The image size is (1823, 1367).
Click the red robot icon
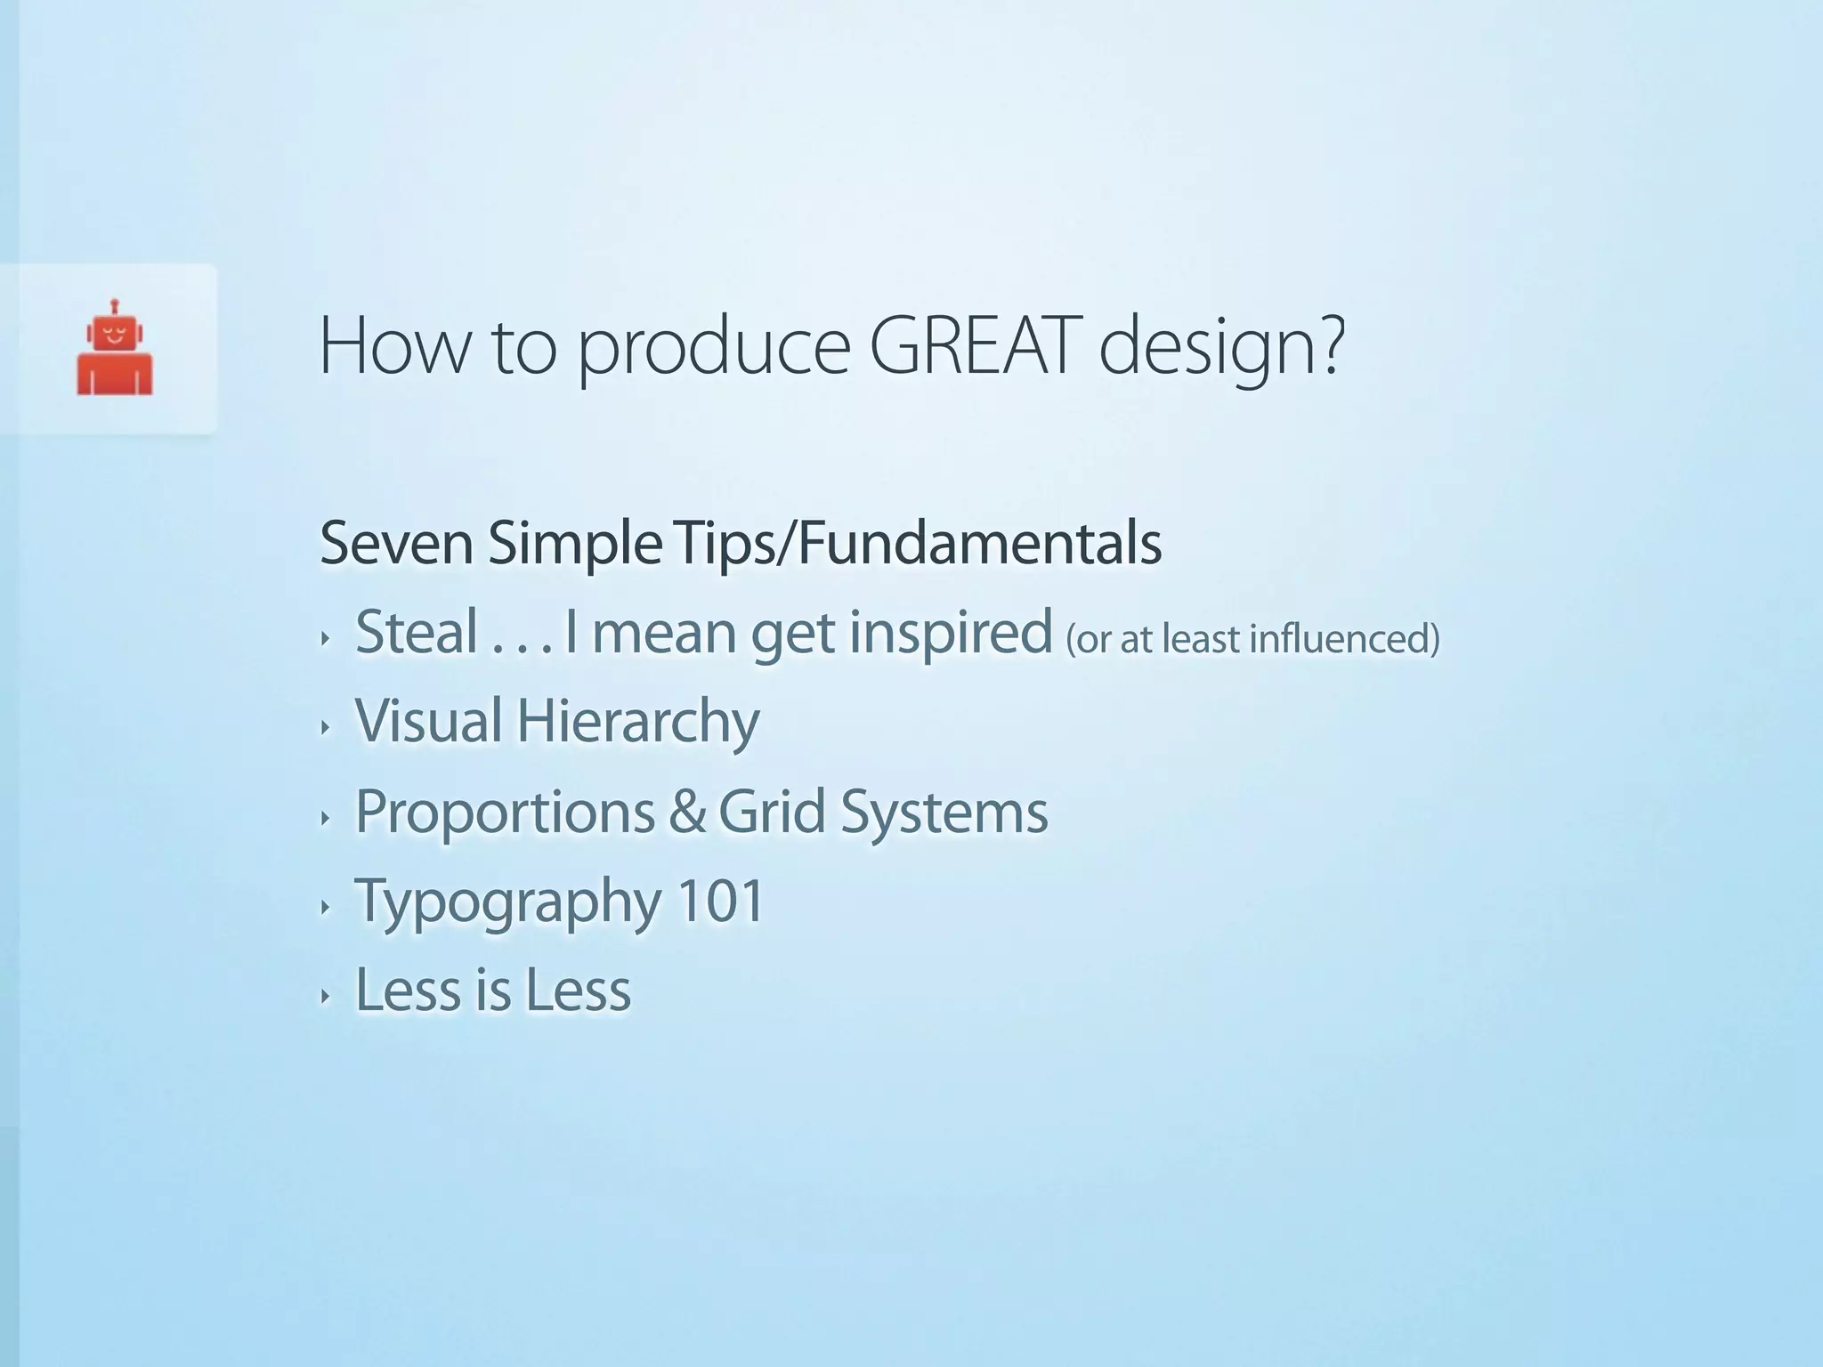(115, 352)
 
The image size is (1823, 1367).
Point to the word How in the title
(393, 347)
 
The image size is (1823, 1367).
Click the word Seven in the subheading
(396, 543)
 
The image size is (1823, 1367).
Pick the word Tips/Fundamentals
(918, 543)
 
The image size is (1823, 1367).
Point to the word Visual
(429, 721)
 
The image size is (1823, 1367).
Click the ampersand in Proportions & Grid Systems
(686, 812)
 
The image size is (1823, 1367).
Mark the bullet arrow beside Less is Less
(326, 996)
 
